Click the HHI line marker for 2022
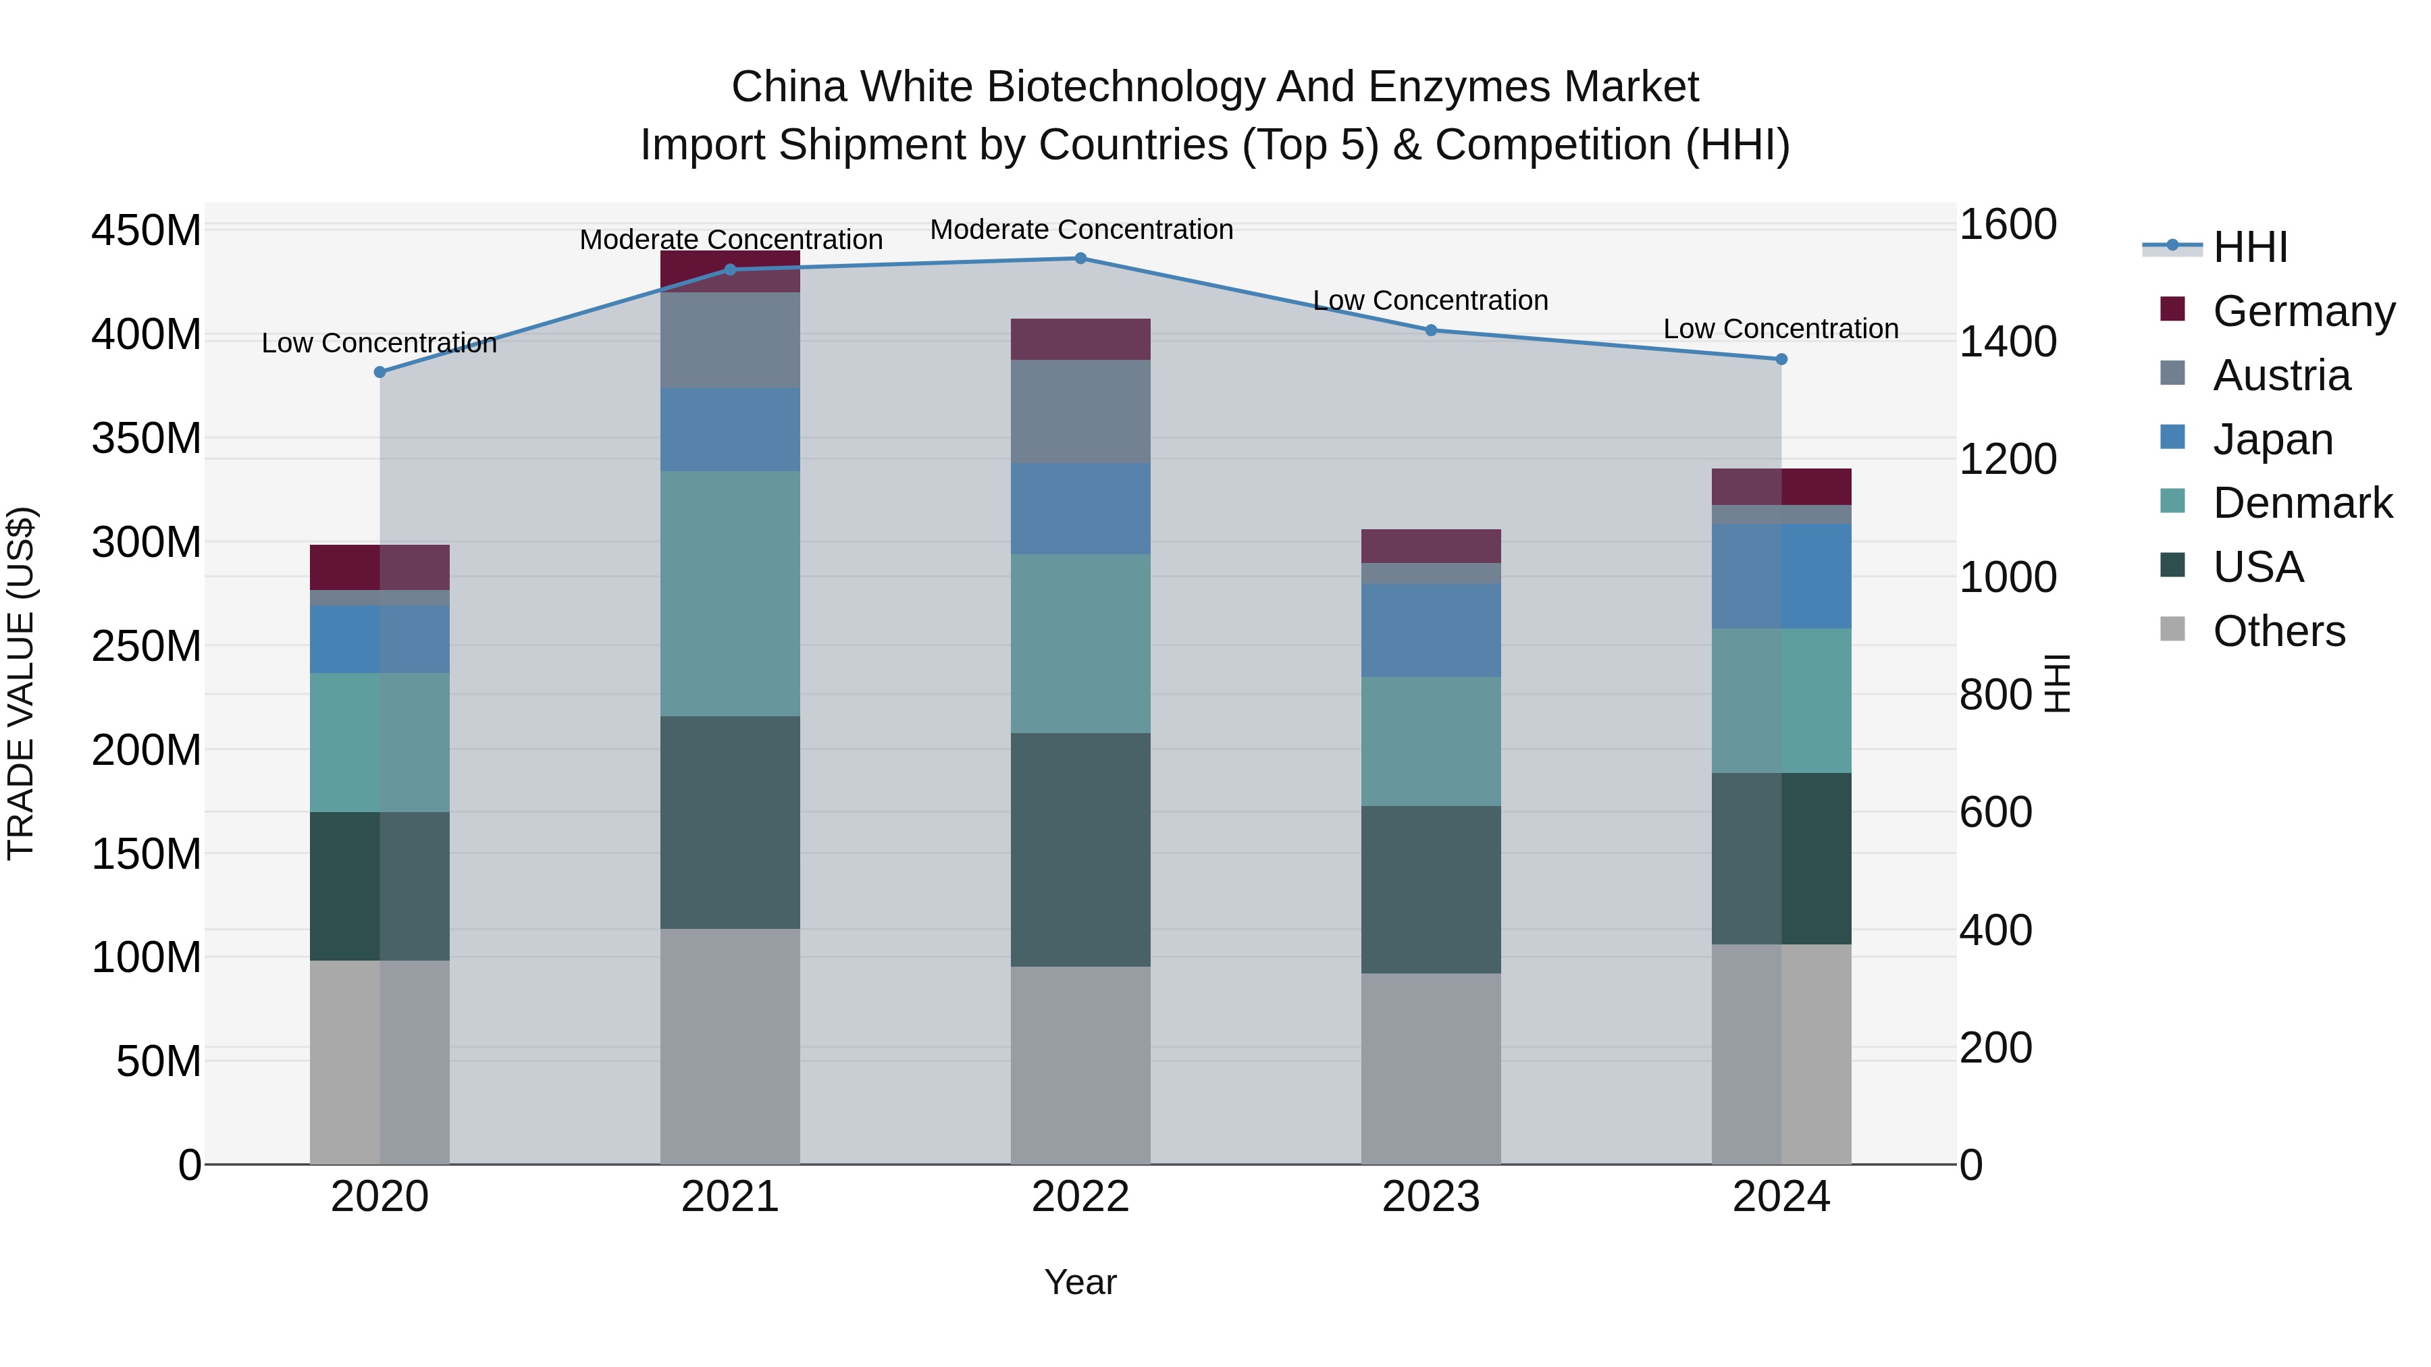tap(1080, 259)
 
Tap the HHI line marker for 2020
tap(380, 373)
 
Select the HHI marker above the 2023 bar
tap(1431, 330)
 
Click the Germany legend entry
tap(2303, 311)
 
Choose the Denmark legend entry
tap(2302, 503)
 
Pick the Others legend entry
tap(2278, 631)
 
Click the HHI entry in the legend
tap(2250, 247)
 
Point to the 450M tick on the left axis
tap(147, 230)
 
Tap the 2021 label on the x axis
tap(729, 1197)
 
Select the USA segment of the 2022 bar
tap(1080, 849)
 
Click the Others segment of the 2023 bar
tap(1431, 1068)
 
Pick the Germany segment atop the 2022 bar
tap(1080, 339)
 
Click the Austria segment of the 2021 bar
tap(729, 340)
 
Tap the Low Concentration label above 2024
tap(1780, 329)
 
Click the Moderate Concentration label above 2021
tap(731, 240)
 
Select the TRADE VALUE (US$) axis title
tap(21, 683)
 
